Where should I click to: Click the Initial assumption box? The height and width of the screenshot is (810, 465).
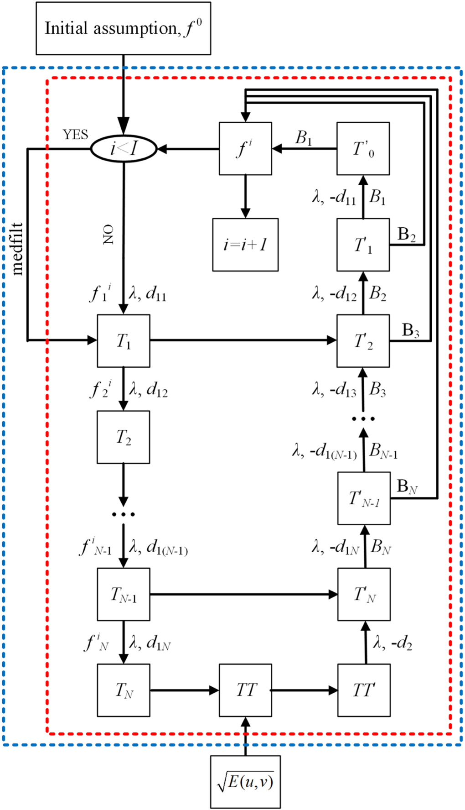pyautogui.click(x=123, y=28)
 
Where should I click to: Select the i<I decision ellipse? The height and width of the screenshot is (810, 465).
pyautogui.click(x=124, y=148)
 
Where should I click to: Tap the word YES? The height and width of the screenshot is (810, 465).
pyautogui.click(x=75, y=135)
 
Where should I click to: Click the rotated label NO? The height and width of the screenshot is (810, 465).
pyautogui.click(x=108, y=235)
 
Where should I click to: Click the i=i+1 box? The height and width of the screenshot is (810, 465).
pyautogui.click(x=245, y=245)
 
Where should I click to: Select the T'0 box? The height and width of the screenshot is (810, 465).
pyautogui.click(x=363, y=148)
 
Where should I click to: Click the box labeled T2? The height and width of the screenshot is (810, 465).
pyautogui.click(x=123, y=437)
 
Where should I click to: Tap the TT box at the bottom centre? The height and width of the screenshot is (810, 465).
pyautogui.click(x=245, y=690)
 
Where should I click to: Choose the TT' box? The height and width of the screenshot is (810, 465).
pyautogui.click(x=364, y=690)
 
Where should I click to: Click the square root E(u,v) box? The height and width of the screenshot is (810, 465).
pyautogui.click(x=245, y=782)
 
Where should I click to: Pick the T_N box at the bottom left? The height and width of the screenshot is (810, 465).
pyautogui.click(x=124, y=690)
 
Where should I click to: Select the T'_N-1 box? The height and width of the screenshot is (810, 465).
pyautogui.click(x=364, y=498)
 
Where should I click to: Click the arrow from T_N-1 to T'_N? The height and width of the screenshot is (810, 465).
pyautogui.click(x=243, y=594)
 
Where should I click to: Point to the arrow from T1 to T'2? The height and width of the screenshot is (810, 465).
pyautogui.click(x=243, y=340)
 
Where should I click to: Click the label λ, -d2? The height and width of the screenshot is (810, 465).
pyautogui.click(x=393, y=643)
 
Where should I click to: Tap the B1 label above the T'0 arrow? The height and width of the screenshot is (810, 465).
pyautogui.click(x=304, y=137)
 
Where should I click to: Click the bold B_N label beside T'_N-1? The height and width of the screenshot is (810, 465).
pyautogui.click(x=407, y=486)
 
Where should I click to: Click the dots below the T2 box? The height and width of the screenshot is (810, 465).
pyautogui.click(x=124, y=514)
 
